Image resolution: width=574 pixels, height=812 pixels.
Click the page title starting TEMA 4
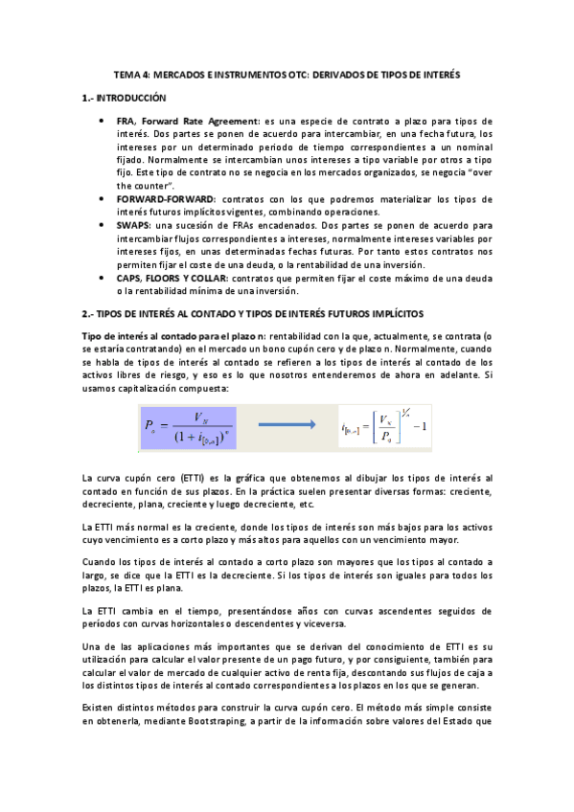tap(287, 74)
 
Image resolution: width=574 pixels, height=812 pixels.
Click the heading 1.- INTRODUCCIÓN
tap(124, 98)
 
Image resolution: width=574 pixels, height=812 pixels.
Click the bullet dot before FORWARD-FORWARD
tap(102, 197)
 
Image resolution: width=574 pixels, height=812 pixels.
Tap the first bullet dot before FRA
tap(102, 122)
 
